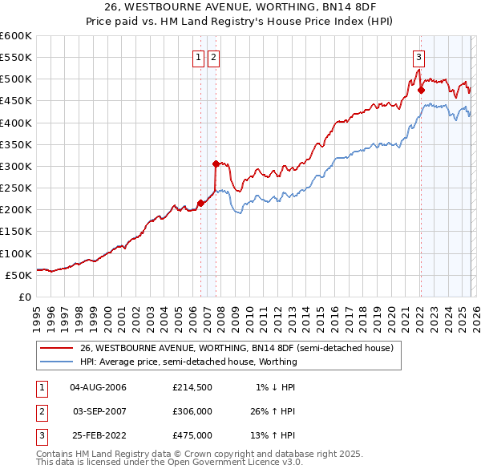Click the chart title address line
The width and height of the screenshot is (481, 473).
[240, 7]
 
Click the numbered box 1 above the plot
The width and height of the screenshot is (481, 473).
[198, 57]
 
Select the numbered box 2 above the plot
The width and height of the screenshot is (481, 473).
[214, 57]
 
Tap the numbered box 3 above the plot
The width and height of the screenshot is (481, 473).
[418, 57]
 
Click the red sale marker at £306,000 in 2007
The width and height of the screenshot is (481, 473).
[216, 164]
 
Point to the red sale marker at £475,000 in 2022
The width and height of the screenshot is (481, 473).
[421, 91]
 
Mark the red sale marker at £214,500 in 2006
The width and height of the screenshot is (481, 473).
[200, 203]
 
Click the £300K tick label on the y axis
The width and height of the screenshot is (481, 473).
[16, 166]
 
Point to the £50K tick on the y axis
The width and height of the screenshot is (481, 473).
[18, 275]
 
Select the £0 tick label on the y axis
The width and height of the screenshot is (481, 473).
[24, 297]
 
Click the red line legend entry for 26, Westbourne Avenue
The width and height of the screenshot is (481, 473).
[236, 349]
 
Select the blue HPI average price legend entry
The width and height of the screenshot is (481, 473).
[188, 362]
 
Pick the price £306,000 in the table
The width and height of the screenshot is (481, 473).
[192, 411]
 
